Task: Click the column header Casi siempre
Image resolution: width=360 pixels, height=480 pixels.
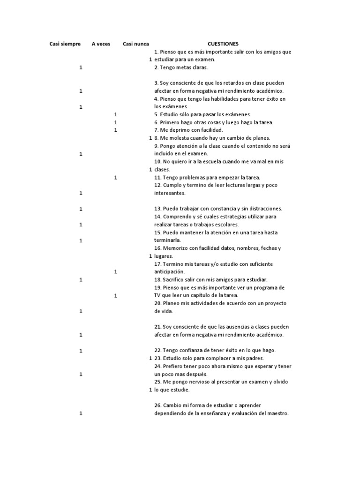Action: [x=65, y=44]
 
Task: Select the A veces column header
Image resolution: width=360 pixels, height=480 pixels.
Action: [x=101, y=44]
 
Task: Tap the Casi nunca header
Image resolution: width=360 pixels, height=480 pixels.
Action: [x=136, y=44]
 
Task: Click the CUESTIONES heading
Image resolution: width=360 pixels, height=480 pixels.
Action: [x=223, y=44]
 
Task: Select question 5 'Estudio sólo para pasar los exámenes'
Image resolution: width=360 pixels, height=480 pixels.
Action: [x=202, y=114]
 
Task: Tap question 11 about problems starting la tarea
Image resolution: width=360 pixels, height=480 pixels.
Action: [x=207, y=177]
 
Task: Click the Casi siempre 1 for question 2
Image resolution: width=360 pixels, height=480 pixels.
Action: [x=81, y=67]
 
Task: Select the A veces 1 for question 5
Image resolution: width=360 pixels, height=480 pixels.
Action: [x=115, y=114]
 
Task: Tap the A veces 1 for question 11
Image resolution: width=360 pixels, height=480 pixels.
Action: [x=115, y=177]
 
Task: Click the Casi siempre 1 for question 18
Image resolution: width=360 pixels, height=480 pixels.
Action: [x=81, y=279]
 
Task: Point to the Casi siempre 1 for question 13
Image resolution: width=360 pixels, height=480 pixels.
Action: [x=81, y=209]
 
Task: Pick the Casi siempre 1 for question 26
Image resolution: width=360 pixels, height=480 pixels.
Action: [x=81, y=413]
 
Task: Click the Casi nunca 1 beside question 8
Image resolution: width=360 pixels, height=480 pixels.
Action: [x=150, y=138]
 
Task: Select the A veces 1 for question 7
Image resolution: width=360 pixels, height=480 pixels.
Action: [x=115, y=130]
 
